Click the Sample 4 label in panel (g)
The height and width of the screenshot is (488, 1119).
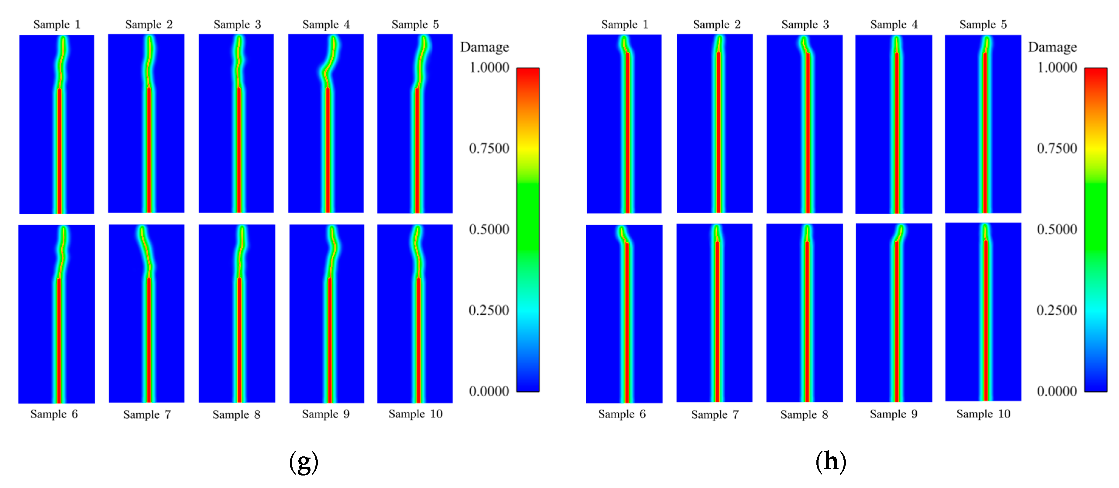pyautogui.click(x=326, y=24)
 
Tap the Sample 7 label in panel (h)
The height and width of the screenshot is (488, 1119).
pyautogui.click(x=715, y=414)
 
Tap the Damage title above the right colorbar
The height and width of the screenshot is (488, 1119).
pyautogui.click(x=1052, y=47)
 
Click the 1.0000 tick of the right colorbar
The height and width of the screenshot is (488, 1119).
pyautogui.click(x=1057, y=67)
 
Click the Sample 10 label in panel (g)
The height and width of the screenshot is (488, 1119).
pyautogui.click(x=415, y=414)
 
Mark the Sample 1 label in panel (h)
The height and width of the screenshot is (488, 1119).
pyautogui.click(x=624, y=24)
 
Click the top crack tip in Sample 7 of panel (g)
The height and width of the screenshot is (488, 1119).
pyautogui.click(x=142, y=229)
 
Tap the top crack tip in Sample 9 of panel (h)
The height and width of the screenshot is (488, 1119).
pyautogui.click(x=902, y=228)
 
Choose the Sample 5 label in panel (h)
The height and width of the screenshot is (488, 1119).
pyautogui.click(x=983, y=24)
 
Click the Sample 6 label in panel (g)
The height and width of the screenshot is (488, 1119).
pyautogui.click(x=54, y=414)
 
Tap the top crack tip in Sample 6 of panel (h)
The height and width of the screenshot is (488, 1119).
pyautogui.click(x=622, y=229)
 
